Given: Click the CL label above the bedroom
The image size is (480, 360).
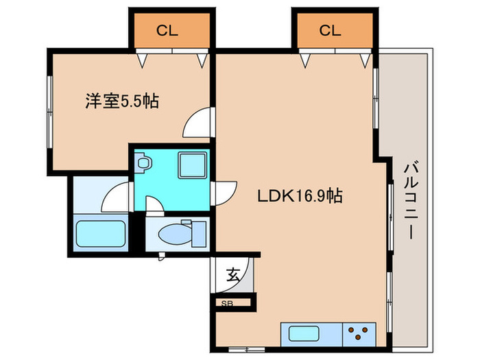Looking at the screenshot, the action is pyautogui.click(x=167, y=31).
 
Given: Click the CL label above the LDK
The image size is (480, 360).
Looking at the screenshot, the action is pyautogui.click(x=330, y=31).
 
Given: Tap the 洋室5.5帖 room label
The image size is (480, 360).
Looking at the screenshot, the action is pyautogui.click(x=122, y=101).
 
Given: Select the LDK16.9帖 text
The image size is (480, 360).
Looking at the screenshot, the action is pyautogui.click(x=300, y=196).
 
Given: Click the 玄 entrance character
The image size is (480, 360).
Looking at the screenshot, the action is pyautogui.click(x=233, y=275).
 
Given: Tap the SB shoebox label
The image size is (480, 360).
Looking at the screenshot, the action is pyautogui.click(x=227, y=303).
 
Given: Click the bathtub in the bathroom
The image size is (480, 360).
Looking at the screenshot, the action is pyautogui.click(x=101, y=234).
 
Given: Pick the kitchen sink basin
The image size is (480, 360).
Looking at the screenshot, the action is pyautogui.click(x=304, y=333).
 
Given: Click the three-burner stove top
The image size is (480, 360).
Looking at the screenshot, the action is pyautogui.click(x=359, y=334).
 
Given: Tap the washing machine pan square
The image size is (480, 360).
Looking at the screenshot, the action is pyautogui.click(x=192, y=166).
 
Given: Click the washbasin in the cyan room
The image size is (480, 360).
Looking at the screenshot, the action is pyautogui.click(x=143, y=163).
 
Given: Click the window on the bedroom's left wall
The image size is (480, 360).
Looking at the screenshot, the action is pyautogui.click(x=50, y=112).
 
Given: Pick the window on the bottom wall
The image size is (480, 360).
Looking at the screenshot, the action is pyautogui.click(x=247, y=349).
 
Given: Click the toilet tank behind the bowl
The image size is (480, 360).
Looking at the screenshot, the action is pyautogui.click(x=199, y=235).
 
